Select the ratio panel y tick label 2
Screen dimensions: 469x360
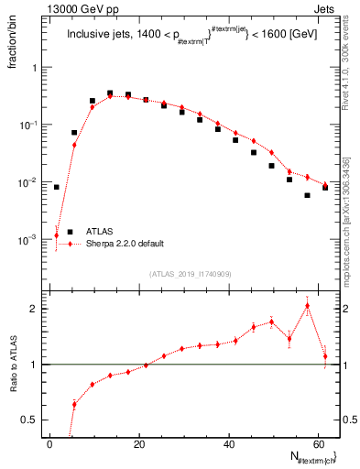(x=36, y=309)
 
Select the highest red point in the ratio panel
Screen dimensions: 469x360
(x=307, y=306)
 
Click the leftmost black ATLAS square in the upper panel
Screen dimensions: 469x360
(x=57, y=187)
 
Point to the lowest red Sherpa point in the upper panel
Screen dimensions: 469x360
(x=57, y=235)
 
